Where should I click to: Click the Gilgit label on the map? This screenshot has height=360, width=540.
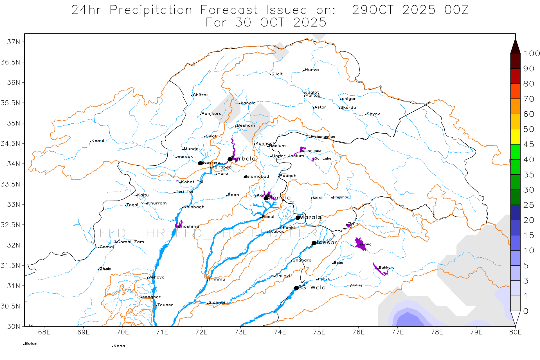click(277, 74)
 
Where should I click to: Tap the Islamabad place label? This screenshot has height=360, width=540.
click(258, 177)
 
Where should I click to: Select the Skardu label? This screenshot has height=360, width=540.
click(348, 108)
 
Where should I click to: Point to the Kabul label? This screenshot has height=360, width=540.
click(97, 141)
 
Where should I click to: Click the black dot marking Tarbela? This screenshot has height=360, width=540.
click(230, 159)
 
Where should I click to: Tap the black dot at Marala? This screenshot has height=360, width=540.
click(298, 218)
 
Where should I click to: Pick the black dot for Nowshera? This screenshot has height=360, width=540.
click(200, 163)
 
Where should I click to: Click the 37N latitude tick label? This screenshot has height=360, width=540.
click(13, 42)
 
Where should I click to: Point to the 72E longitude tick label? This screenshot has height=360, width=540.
click(201, 332)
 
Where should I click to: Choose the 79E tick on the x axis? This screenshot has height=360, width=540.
click(476, 332)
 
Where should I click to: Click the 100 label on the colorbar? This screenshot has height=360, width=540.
click(532, 53)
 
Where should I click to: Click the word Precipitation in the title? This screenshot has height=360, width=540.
click(151, 10)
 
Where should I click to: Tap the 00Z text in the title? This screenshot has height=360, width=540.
click(456, 10)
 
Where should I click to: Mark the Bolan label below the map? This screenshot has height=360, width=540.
click(31, 344)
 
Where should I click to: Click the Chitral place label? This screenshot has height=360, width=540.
click(200, 95)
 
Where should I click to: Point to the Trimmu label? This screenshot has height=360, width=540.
click(217, 280)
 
